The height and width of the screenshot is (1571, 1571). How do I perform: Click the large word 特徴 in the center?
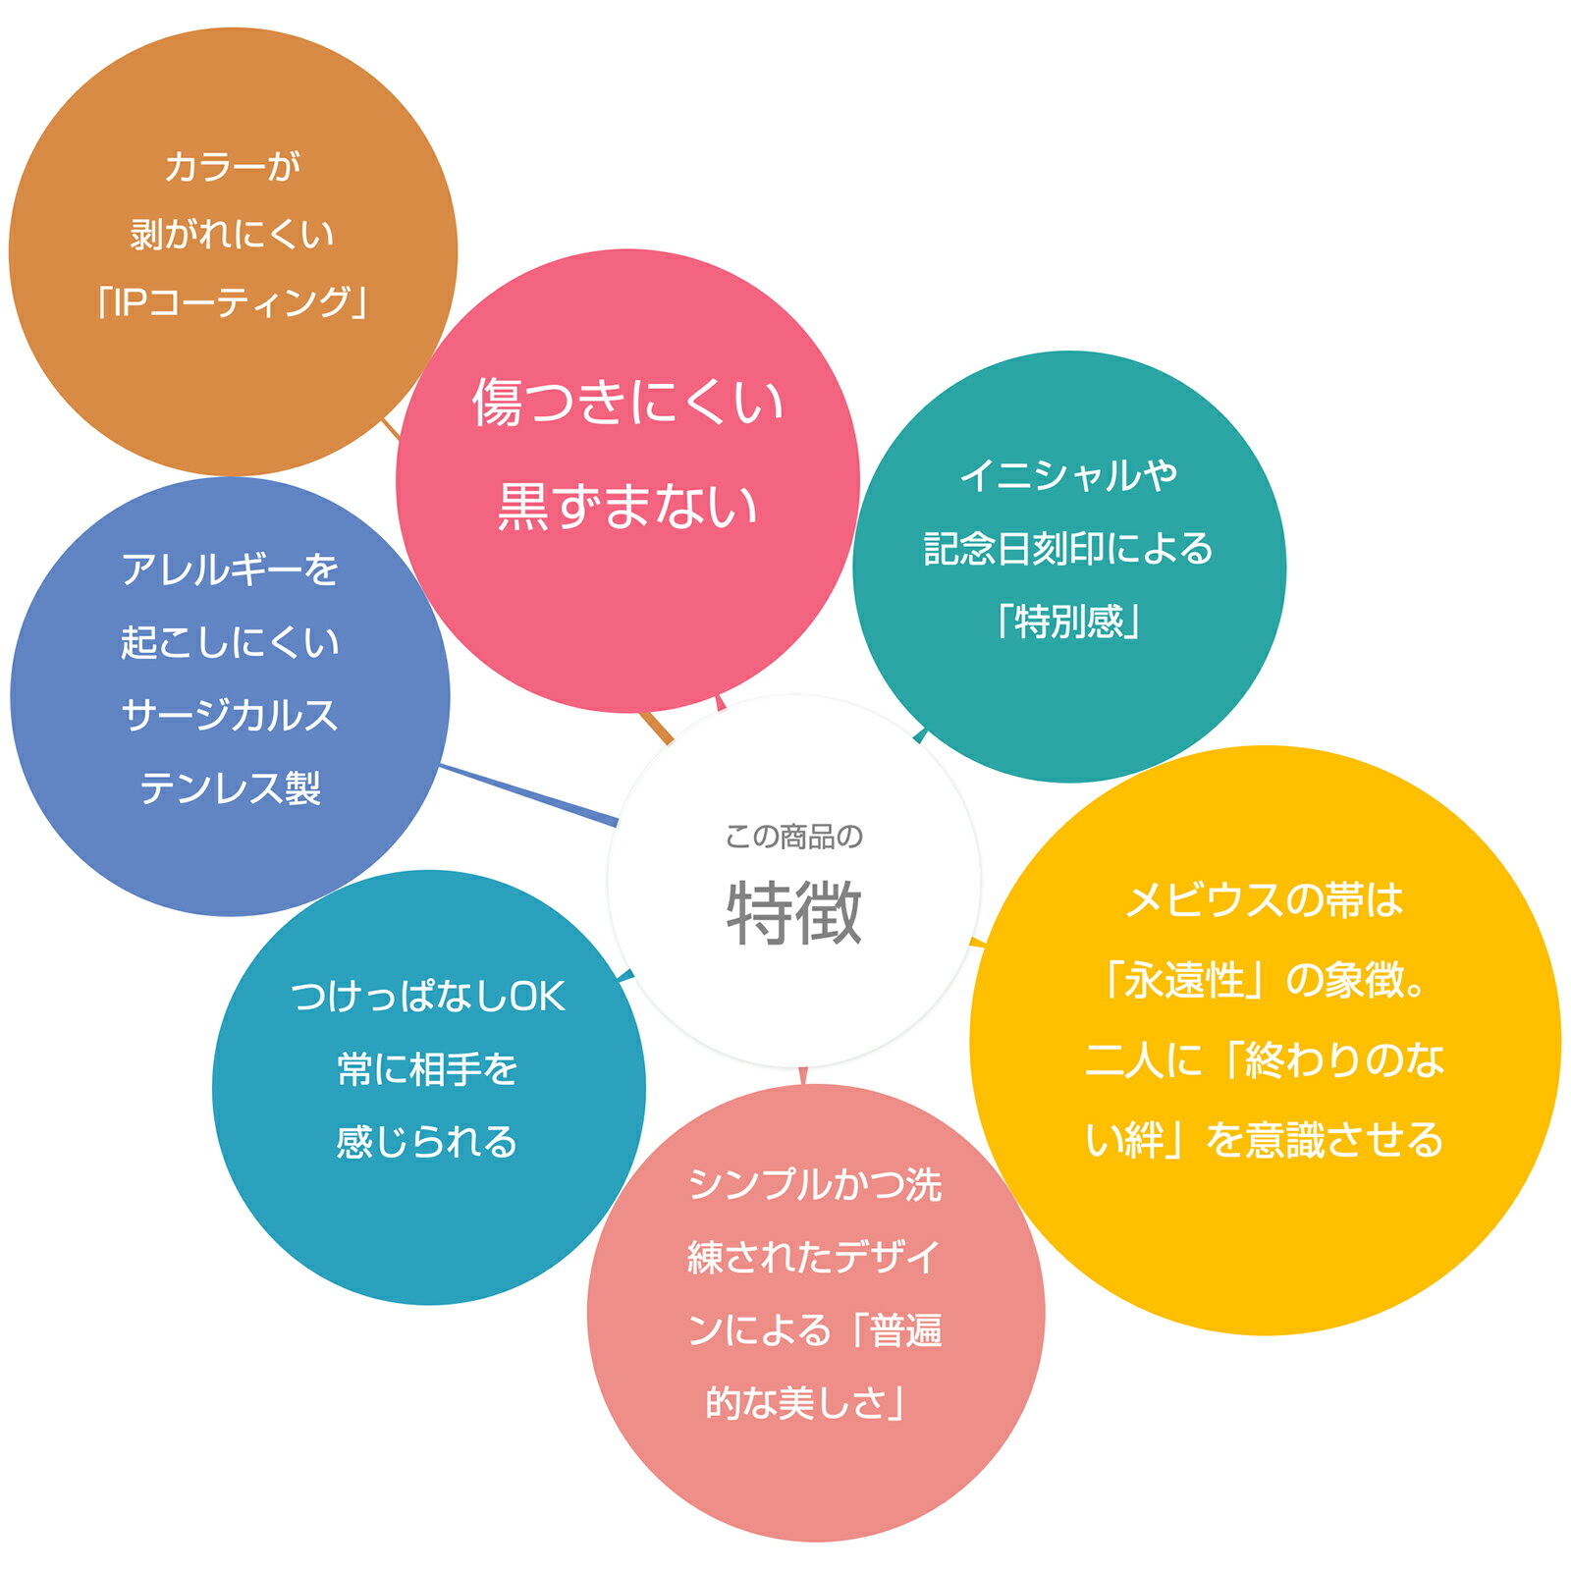[794, 914]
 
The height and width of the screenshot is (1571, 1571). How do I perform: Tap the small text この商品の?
[794, 837]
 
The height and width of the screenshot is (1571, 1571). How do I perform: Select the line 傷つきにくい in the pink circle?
[627, 403]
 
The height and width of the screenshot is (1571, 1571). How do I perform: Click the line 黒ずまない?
[627, 507]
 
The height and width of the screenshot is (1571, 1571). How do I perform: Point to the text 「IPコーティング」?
[233, 302]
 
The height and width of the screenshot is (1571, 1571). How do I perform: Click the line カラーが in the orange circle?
[233, 167]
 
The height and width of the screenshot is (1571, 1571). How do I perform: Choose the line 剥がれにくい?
[233, 235]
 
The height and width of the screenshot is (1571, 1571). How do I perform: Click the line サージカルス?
[230, 716]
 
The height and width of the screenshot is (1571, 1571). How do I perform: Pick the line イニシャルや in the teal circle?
[1069, 476]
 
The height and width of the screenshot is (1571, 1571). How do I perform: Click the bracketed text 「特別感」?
[1069, 622]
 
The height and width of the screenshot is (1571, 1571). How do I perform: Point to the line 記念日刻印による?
[1069, 549]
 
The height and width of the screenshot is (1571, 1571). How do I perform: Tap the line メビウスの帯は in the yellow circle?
[1265, 900]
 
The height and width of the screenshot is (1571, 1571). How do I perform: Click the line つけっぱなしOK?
[428, 998]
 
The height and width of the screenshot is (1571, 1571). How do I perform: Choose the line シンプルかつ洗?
[816, 1185]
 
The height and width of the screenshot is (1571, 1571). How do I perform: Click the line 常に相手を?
[428, 1070]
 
